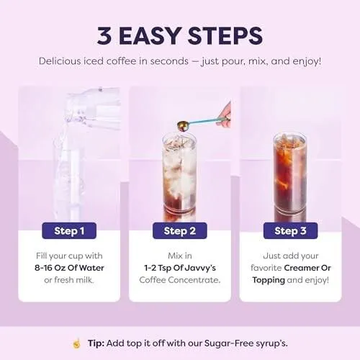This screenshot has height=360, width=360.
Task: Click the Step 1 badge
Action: click(x=69, y=230)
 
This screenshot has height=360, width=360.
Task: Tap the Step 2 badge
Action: click(x=180, y=230)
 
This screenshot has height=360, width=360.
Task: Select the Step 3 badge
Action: click(x=290, y=230)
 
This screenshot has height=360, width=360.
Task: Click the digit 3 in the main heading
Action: click(x=104, y=36)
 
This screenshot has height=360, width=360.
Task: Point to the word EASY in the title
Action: click(x=150, y=36)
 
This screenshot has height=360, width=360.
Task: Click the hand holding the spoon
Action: click(x=224, y=114)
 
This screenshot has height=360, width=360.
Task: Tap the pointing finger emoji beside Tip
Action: click(x=76, y=343)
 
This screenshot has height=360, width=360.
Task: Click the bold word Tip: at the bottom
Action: click(x=96, y=343)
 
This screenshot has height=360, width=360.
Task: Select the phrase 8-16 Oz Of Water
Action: click(x=69, y=268)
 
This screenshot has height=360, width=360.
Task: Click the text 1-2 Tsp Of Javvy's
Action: click(x=180, y=268)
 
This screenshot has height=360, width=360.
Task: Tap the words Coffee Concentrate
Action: click(x=180, y=280)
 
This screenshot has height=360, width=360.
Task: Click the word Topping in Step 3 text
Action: click(x=269, y=280)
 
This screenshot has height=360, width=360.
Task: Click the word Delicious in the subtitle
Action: click(x=60, y=61)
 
